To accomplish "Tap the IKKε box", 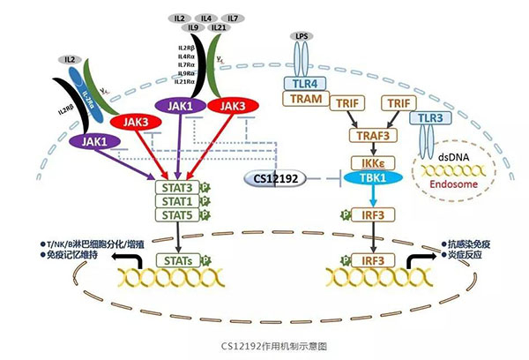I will tap(371, 162).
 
